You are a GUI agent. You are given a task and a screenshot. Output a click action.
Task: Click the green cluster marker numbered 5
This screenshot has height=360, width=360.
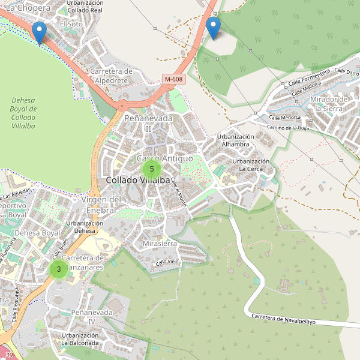tap(152, 169)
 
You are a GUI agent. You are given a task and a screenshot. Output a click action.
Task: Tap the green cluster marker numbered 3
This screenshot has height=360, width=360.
tap(58, 269)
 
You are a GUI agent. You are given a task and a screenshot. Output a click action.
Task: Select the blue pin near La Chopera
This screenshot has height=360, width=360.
tap(40, 32)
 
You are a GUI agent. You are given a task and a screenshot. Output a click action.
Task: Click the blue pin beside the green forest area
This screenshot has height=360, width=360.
tap(213, 27)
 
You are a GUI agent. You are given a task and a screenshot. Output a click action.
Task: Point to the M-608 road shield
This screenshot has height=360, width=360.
tap(174, 79)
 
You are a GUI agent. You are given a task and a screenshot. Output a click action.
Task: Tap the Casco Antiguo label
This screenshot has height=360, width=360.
tap(165, 158)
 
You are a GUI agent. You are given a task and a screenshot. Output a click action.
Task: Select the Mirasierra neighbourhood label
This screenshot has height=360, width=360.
tap(160, 244)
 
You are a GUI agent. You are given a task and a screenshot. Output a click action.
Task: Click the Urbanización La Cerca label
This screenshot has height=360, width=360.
tap(251, 165)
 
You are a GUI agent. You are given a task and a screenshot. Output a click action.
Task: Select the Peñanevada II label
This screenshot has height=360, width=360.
tap(148, 123)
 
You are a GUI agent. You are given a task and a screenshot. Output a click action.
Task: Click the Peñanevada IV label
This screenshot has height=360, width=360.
tap(92, 317)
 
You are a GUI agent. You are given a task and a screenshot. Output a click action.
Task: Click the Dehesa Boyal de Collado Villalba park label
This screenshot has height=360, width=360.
tap(23, 109)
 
